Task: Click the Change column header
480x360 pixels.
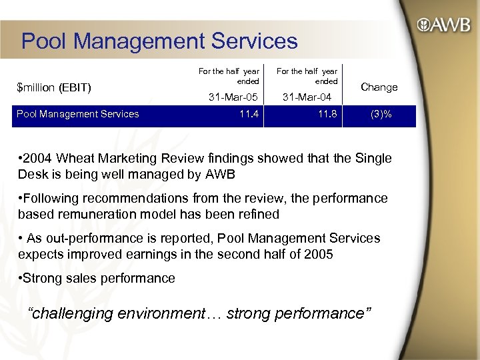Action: [379, 87]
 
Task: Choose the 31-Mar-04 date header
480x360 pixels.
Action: [307, 97]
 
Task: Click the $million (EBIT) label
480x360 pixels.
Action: [54, 87]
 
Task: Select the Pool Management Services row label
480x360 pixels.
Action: [78, 114]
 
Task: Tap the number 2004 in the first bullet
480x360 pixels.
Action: [39, 159]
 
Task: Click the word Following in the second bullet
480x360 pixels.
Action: [53, 199]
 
